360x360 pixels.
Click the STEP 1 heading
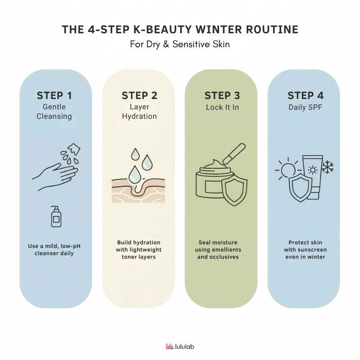[x=54, y=95]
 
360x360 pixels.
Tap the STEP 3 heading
[x=222, y=95]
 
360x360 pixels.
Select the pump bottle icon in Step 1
[x=56, y=216]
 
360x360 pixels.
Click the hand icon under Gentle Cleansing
[x=55, y=177]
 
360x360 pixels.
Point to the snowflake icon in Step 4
[x=328, y=167]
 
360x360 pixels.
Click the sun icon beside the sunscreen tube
[x=288, y=170]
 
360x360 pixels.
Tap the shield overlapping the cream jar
[x=234, y=189]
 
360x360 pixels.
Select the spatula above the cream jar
[x=234, y=153]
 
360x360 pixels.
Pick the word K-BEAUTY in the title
[x=162, y=30]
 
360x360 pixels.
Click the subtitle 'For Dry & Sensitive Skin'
[x=180, y=44]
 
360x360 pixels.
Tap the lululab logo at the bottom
[x=180, y=346]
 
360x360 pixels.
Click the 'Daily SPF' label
[x=305, y=107]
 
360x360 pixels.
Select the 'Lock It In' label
[x=222, y=107]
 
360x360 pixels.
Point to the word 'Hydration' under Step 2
[x=139, y=117]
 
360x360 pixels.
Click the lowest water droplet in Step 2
[x=135, y=175]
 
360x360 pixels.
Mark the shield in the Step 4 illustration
[x=300, y=188]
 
